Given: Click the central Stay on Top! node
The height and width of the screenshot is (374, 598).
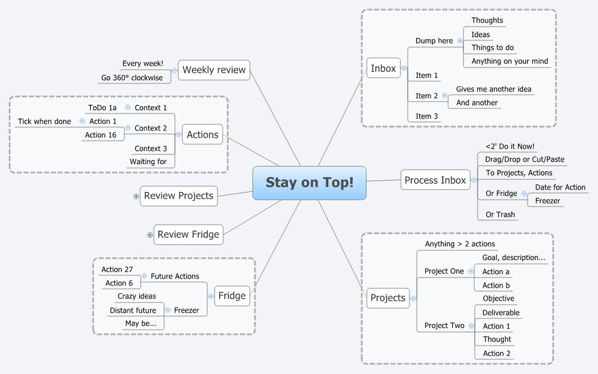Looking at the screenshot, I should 310,183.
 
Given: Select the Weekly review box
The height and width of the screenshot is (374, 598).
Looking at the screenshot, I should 214,70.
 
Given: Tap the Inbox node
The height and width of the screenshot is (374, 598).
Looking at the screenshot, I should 383,68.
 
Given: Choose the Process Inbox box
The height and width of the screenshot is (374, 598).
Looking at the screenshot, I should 435,180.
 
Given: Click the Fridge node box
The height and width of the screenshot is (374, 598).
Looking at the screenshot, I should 232,295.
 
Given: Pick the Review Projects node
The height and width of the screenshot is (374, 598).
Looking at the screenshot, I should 178,196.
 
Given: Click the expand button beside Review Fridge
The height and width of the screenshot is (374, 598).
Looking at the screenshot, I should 150,234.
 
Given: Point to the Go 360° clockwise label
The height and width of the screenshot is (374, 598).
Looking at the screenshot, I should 132,78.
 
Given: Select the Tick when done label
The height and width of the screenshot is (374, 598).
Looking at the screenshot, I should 44,121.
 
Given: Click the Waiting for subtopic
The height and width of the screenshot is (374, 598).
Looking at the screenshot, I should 148,162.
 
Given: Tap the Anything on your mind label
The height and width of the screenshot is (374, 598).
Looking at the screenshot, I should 509,61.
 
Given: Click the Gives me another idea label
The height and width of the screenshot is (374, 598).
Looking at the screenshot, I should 494,89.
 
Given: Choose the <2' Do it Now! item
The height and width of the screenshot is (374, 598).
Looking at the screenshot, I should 509,146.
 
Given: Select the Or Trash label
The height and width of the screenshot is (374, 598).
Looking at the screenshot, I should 500,215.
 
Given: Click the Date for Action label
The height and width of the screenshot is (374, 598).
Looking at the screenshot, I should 560,187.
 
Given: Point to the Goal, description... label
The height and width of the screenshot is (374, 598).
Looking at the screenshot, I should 513,258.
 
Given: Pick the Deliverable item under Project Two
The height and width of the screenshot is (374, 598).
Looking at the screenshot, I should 500,313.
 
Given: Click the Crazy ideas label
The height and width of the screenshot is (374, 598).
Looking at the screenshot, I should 136,296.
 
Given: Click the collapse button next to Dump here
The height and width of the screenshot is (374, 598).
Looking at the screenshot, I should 459,41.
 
